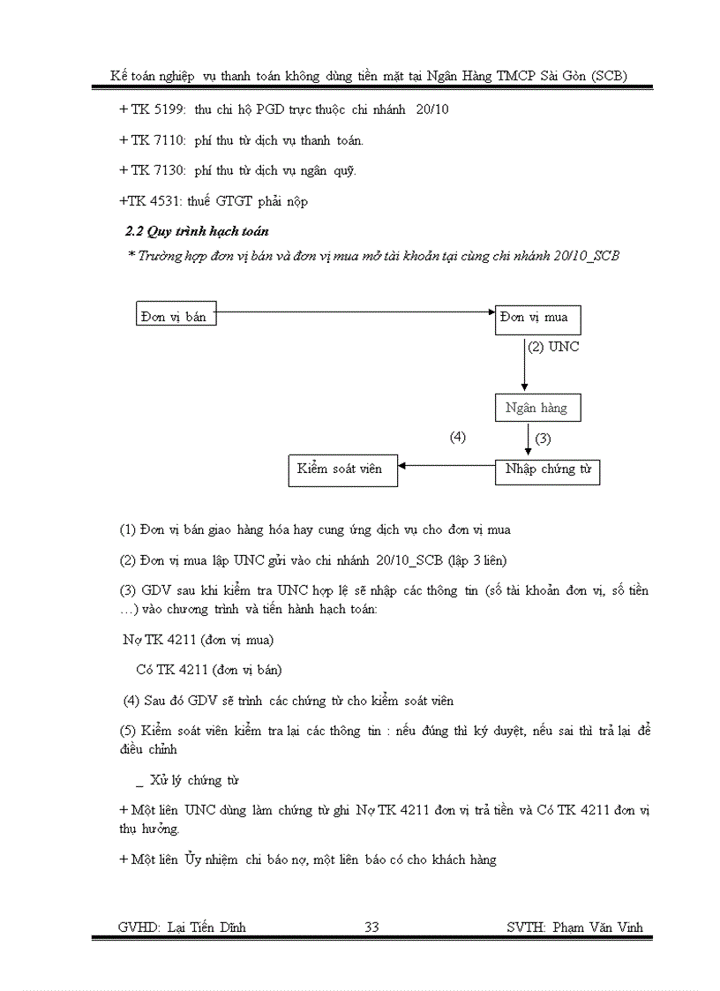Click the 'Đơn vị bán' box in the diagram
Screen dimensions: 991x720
click(176, 313)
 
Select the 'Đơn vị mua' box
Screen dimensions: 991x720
click(537, 318)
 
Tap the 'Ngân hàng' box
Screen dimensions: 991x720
click(536, 409)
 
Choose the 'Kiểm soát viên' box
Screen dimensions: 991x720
click(342, 470)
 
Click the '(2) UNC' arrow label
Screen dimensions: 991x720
click(553, 348)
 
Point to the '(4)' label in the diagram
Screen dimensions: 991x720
click(457, 437)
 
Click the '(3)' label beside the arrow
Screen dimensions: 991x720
click(544, 439)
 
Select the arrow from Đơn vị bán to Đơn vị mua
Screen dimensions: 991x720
click(353, 312)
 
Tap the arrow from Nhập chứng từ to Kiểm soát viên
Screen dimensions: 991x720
click(446, 466)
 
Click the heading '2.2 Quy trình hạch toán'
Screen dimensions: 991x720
click(197, 231)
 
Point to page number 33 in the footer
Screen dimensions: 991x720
click(371, 927)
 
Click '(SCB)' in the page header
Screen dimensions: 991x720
click(609, 76)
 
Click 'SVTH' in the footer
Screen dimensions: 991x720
click(526, 927)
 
